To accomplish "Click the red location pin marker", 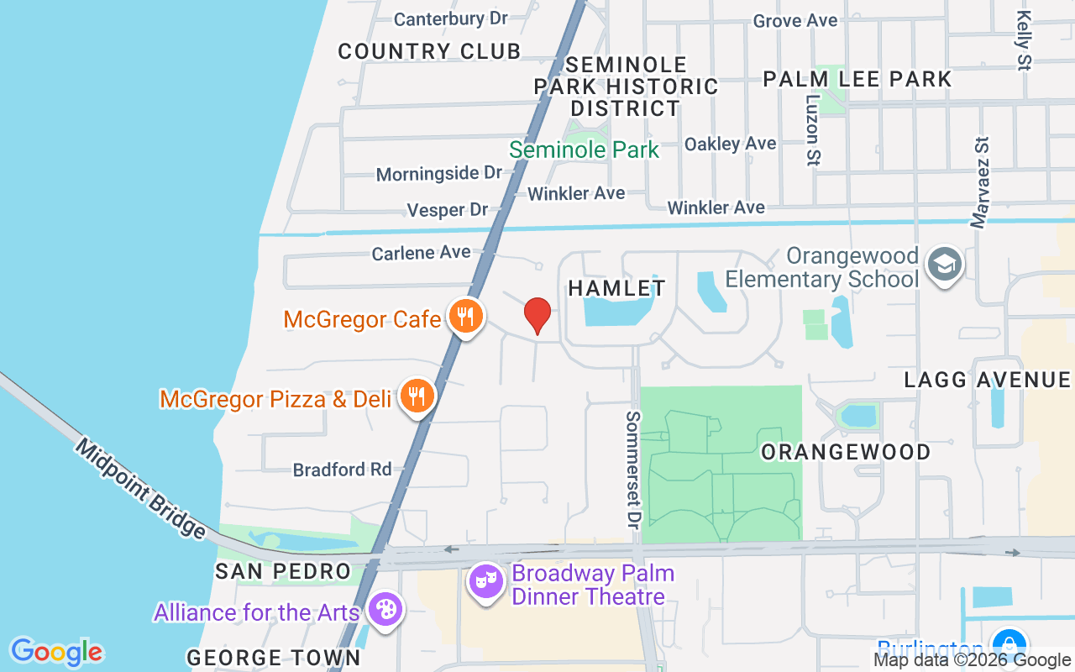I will pyautogui.click(x=537, y=316).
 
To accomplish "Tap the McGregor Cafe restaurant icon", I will pyautogui.click(x=464, y=317).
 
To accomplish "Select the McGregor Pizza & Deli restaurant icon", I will pyautogui.click(x=416, y=396).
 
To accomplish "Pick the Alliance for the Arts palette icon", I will pyautogui.click(x=385, y=611).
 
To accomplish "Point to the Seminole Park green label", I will pyautogui.click(x=584, y=150).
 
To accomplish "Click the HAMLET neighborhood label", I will pyautogui.click(x=616, y=288).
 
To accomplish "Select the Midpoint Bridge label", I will pyautogui.click(x=140, y=488).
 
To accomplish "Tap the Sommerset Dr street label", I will pyautogui.click(x=633, y=470).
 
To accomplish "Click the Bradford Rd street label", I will pyautogui.click(x=343, y=469).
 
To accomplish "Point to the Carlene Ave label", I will pyautogui.click(x=421, y=252).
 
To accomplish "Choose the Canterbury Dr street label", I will pyautogui.click(x=451, y=18).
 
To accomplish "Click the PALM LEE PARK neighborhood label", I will pyautogui.click(x=857, y=79).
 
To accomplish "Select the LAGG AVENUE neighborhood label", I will pyautogui.click(x=988, y=380).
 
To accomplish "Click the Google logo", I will pyautogui.click(x=56, y=652).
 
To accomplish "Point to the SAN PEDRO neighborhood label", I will pyautogui.click(x=282, y=571).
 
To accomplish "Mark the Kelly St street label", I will pyautogui.click(x=1023, y=39).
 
